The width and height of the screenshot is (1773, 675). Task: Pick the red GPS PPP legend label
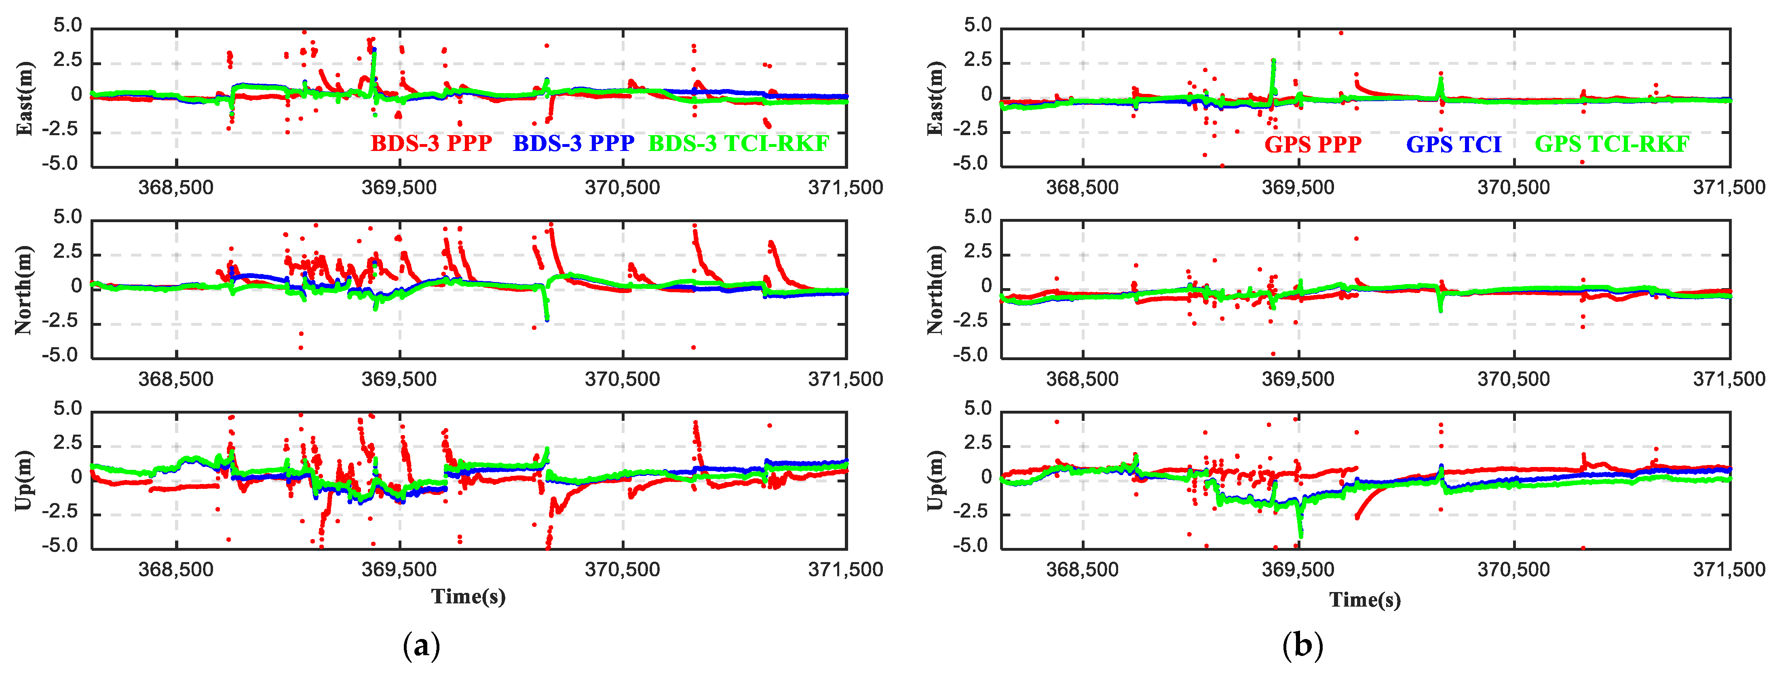pos(1313,144)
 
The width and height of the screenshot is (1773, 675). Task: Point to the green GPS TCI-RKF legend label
pos(1612,144)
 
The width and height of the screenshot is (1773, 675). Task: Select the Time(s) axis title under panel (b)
pos(1365,600)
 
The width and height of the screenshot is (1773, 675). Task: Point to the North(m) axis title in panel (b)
pos(935,289)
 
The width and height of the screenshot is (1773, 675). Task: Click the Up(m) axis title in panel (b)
pos(935,480)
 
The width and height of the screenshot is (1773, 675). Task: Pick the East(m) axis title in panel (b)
pos(935,98)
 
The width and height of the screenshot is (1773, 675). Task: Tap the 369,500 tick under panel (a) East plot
pos(399,187)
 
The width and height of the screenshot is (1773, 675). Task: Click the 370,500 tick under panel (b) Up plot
pos(1513,570)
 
